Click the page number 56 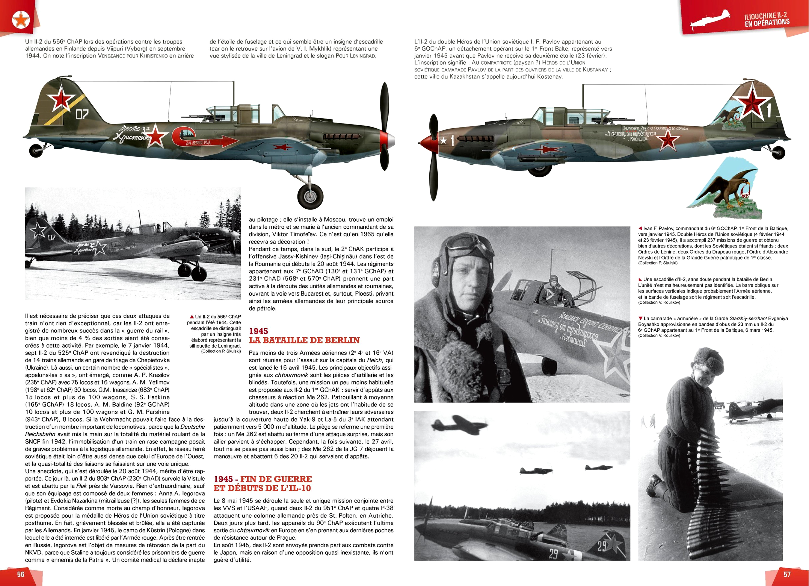point(21,574)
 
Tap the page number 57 point(787,574)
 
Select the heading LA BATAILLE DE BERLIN point(304,340)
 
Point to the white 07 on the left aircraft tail point(82,115)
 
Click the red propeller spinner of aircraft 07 point(387,139)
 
